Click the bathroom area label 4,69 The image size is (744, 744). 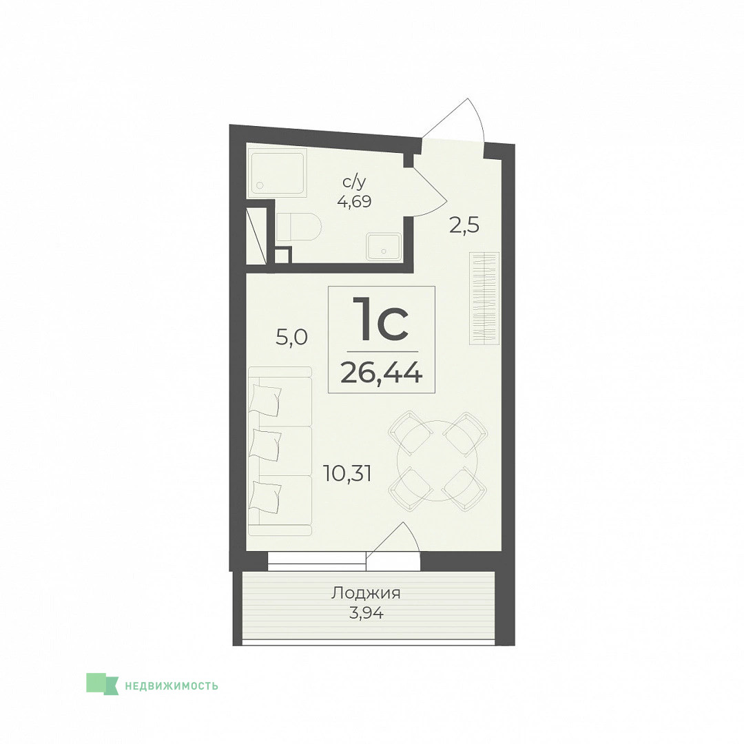coord(354,202)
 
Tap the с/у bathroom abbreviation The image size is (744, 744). coord(355,182)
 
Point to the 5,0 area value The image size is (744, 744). coord(292,338)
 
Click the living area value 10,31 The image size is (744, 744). coord(347,473)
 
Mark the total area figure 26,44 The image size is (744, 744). coord(382,373)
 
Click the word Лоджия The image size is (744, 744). coord(366,593)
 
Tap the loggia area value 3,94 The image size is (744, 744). coord(366,613)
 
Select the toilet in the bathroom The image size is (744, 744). coord(298,227)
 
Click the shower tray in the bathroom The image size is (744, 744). coord(277,173)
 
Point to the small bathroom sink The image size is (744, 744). coord(384,247)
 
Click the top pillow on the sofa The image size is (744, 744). coord(266,400)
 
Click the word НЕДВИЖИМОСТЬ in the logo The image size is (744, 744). coord(172,685)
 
